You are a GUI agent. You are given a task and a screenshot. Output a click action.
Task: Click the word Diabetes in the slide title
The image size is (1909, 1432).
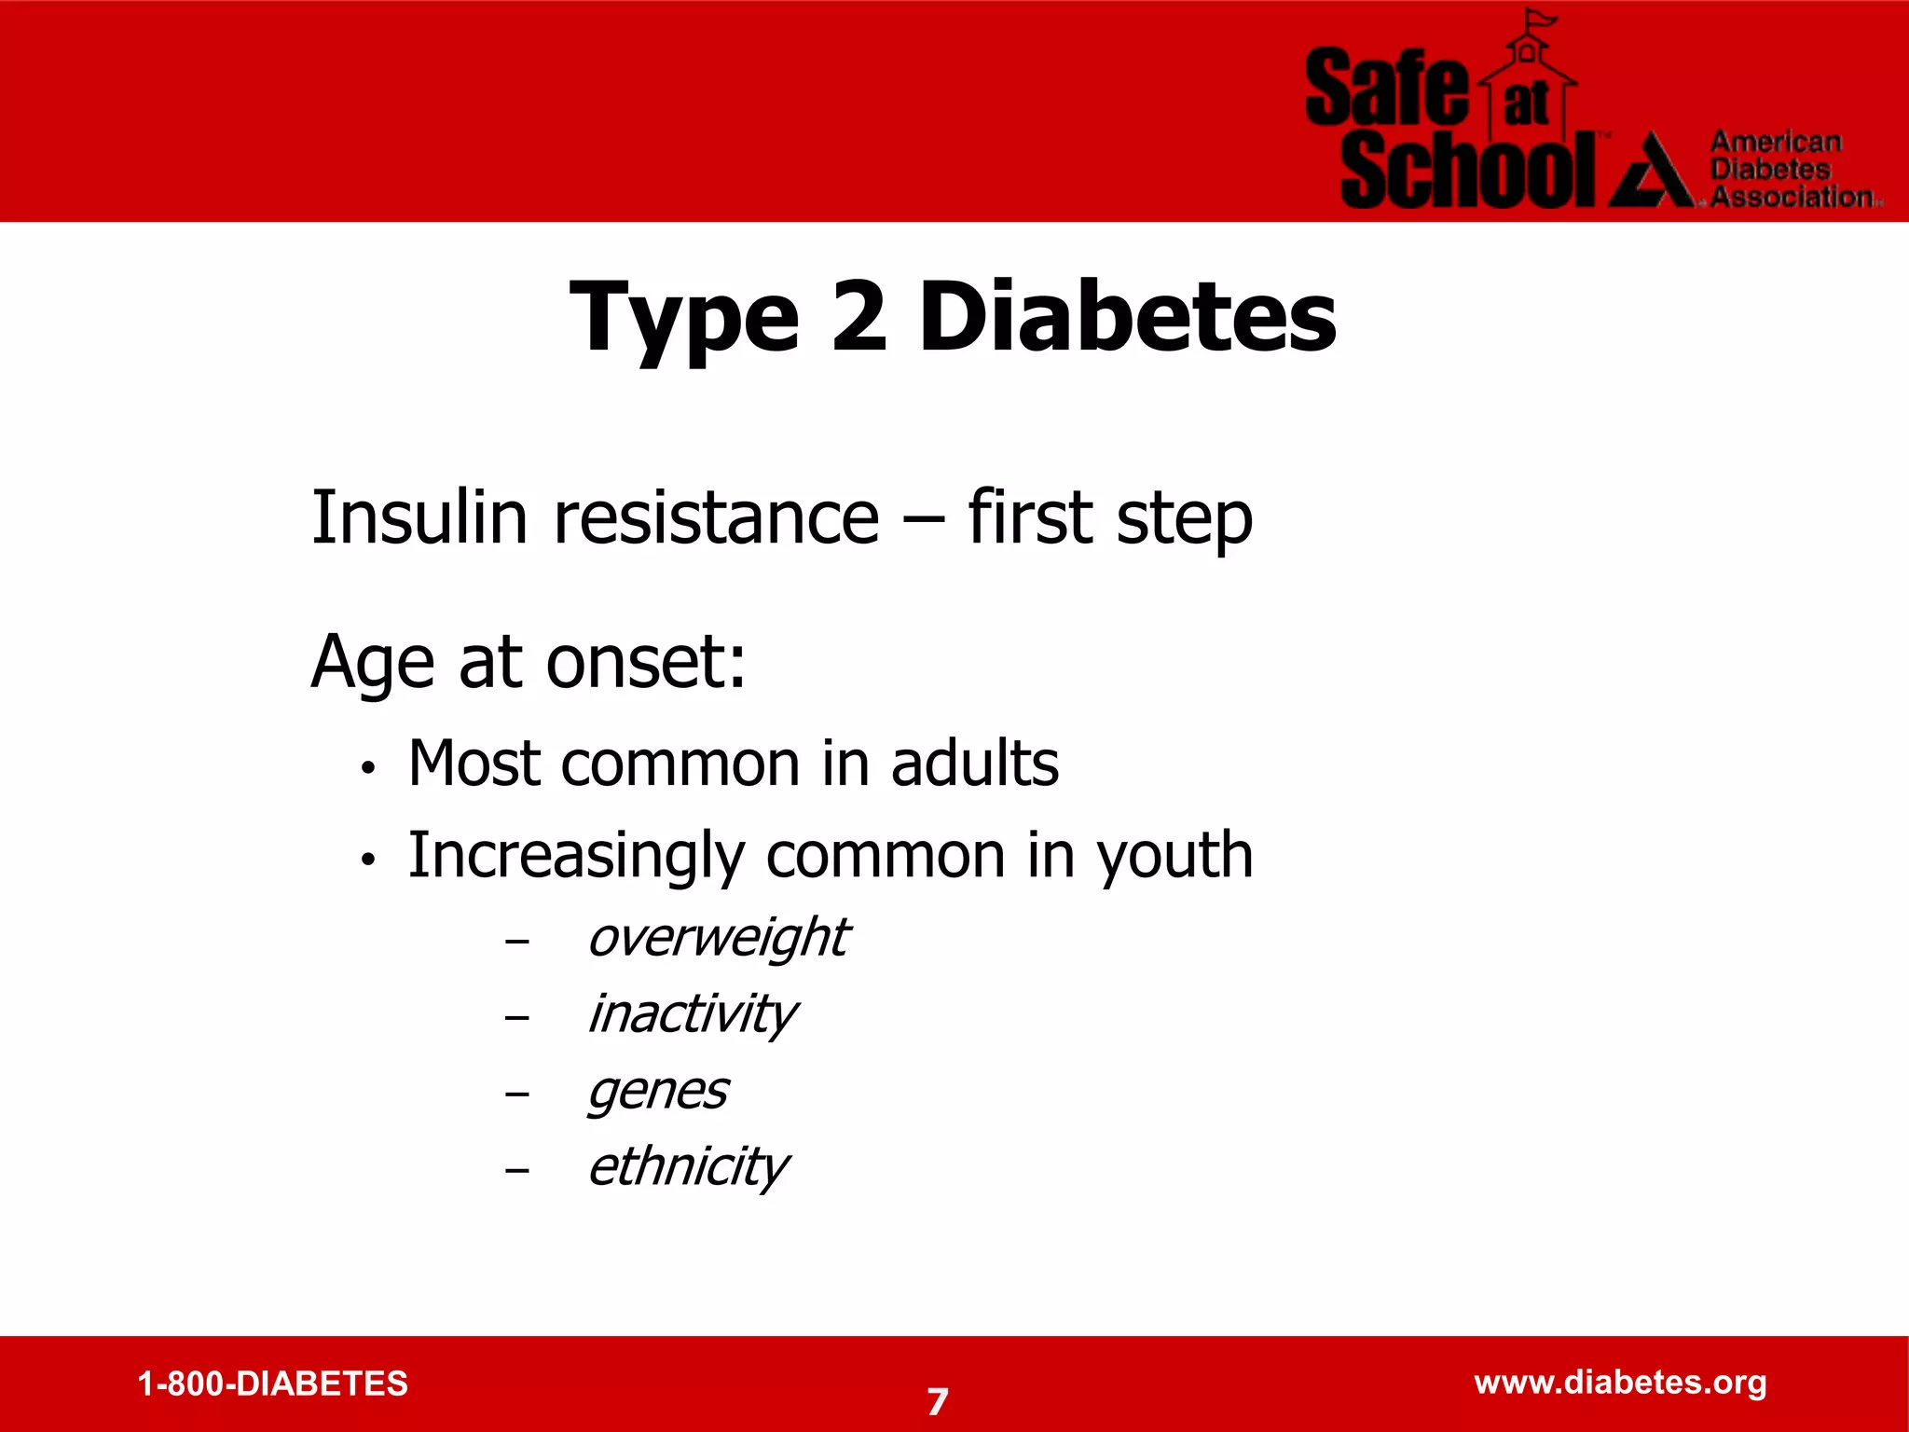(1127, 318)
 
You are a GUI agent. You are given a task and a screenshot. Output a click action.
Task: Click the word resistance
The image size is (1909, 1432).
(717, 517)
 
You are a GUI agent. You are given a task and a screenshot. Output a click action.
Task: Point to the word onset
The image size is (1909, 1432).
(645, 662)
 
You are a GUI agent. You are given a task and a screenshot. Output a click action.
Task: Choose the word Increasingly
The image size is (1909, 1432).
(576, 856)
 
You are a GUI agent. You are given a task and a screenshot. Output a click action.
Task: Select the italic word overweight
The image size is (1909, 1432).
(718, 937)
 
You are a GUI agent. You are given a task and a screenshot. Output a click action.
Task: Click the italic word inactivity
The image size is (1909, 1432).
(692, 1013)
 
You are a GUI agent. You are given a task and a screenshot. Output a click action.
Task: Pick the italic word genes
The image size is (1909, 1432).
(657, 1090)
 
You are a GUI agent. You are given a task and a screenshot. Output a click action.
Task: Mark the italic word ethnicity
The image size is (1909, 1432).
(688, 1166)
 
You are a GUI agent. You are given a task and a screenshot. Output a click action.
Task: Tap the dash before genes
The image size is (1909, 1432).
(517, 1094)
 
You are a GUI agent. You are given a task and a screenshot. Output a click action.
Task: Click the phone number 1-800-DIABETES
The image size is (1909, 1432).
(272, 1384)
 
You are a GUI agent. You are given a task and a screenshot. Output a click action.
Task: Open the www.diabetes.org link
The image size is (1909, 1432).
(1620, 1382)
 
